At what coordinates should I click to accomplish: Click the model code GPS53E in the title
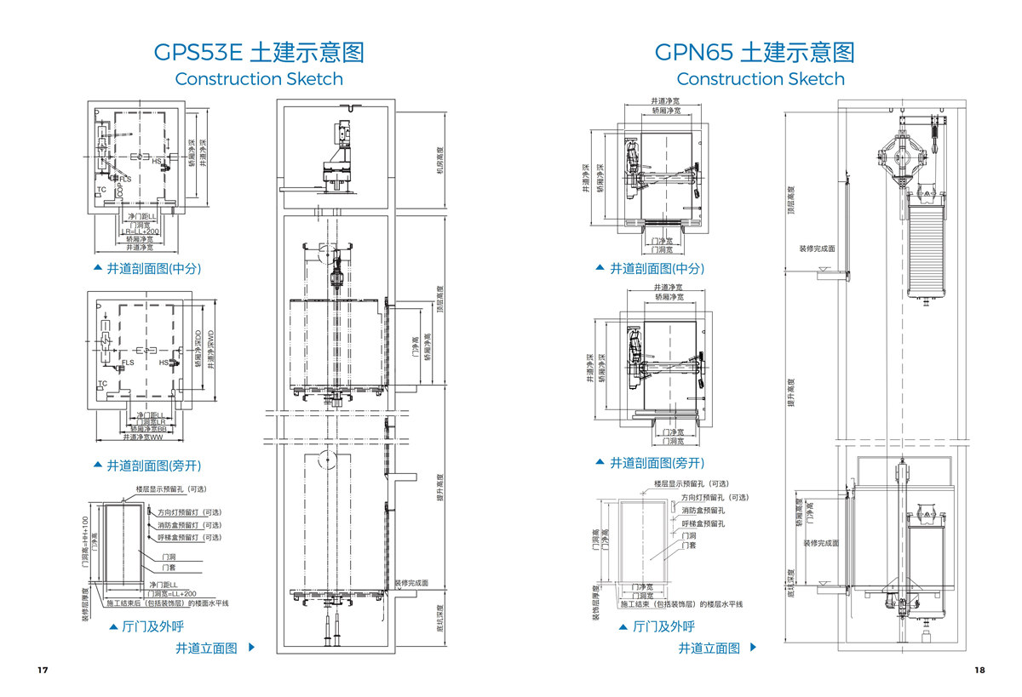(198, 53)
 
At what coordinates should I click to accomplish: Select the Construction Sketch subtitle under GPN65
(761, 79)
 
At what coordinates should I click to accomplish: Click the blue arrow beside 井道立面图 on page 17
(251, 648)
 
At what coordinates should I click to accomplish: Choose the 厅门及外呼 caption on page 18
(663, 626)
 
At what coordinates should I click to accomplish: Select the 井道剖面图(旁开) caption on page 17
(153, 466)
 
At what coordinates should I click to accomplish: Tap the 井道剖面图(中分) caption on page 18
(657, 268)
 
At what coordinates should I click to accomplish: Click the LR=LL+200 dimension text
(141, 231)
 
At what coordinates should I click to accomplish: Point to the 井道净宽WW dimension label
(141, 437)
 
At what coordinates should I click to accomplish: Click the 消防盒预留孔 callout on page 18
(703, 511)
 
